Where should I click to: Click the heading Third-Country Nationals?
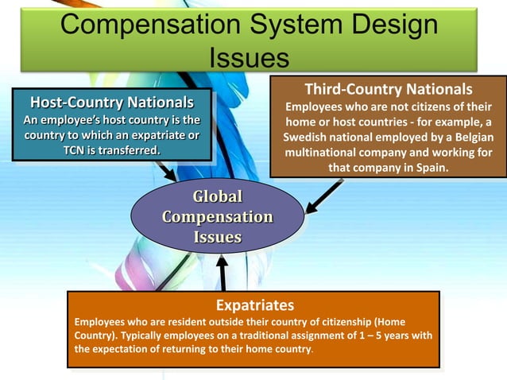point(388,88)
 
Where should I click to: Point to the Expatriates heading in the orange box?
point(254,305)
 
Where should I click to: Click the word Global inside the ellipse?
point(217,197)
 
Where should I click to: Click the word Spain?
point(429,168)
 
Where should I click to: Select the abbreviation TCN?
point(76,150)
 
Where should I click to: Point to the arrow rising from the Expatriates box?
point(223,275)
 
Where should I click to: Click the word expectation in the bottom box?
point(122,350)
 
